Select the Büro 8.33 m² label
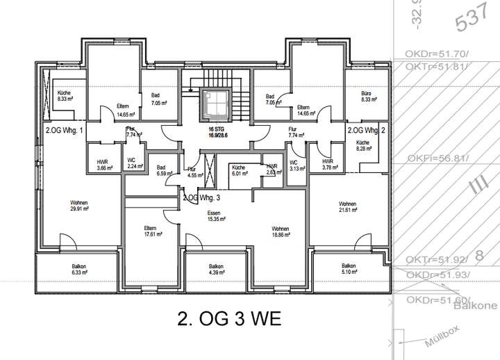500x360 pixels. [x=368, y=97]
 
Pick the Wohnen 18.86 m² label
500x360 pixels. [x=281, y=232]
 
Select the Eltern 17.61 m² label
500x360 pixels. [x=150, y=231]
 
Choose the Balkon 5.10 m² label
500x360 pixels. [x=349, y=269]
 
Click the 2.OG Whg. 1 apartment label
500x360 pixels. [x=64, y=130]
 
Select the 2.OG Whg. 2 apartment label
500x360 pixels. [x=366, y=130]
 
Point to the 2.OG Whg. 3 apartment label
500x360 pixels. [x=206, y=197]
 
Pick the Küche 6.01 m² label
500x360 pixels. [x=239, y=171]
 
